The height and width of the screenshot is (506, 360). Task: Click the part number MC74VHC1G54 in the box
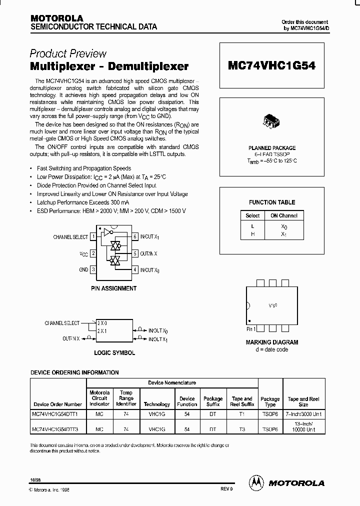pyautogui.click(x=271, y=65)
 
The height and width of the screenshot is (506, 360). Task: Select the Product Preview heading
pyautogui.click(x=68, y=53)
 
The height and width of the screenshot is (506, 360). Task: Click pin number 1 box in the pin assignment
pyautogui.click(x=93, y=237)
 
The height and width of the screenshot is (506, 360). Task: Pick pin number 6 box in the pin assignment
pyautogui.click(x=135, y=237)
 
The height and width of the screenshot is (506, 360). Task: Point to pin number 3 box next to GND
pyautogui.click(x=93, y=270)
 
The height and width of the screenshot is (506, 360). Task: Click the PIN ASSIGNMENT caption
pyautogui.click(x=113, y=288)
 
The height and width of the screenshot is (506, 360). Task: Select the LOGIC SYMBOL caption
pyautogui.click(x=114, y=352)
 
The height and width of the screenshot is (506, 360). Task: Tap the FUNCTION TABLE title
pyautogui.click(x=272, y=202)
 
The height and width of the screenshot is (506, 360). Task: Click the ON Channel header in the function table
pyautogui.click(x=284, y=216)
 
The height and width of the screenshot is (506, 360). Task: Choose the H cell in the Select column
pyautogui.click(x=252, y=234)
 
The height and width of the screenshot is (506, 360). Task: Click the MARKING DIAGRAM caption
pyautogui.click(x=271, y=342)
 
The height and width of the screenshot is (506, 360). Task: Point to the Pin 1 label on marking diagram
pyautogui.click(x=251, y=329)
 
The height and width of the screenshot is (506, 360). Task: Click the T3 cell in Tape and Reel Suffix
pyautogui.click(x=242, y=429)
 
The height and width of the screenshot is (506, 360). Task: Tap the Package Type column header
pyautogui.click(x=270, y=402)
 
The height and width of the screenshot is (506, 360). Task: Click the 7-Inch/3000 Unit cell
pyautogui.click(x=303, y=415)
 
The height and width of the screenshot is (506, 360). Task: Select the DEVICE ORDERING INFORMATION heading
pyautogui.click(x=74, y=372)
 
